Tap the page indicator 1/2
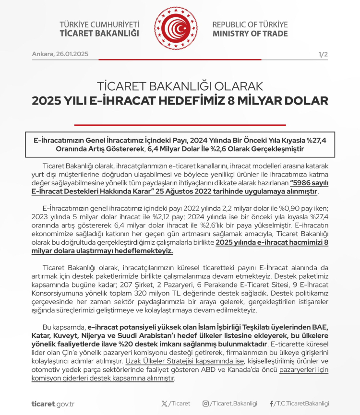pyautogui.click(x=323, y=54)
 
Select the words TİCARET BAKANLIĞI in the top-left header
pyautogui.click(x=99, y=34)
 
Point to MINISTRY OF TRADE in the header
pyautogui.click(x=250, y=34)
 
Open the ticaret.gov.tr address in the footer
pyautogui.click(x=53, y=403)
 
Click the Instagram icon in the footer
pyautogui.click(x=205, y=403)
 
